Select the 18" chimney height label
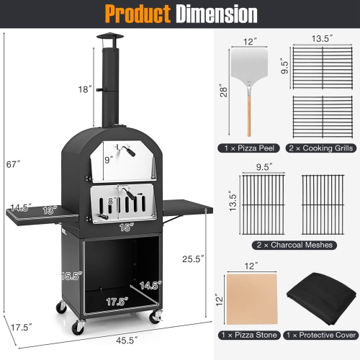(86, 89)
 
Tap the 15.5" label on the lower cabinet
(70, 275)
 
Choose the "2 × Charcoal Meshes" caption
(287, 245)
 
